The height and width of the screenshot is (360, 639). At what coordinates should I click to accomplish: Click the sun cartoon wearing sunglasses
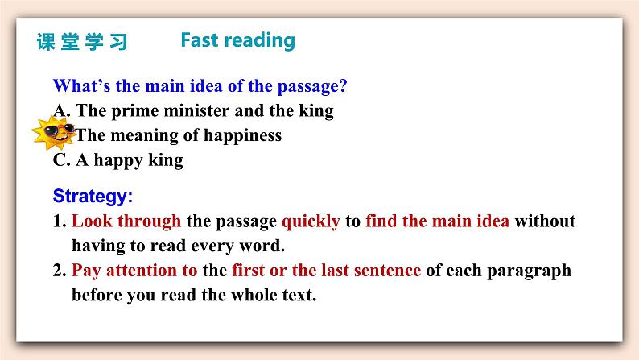click(54, 133)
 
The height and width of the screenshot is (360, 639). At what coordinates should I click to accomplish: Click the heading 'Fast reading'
click(238, 41)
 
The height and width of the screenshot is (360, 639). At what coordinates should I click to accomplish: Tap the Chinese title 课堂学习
click(82, 42)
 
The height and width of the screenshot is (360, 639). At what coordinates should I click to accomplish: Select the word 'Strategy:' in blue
click(93, 197)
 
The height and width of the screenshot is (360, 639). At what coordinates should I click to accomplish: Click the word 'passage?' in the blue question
click(312, 86)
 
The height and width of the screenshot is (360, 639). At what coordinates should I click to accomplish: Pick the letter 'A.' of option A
click(62, 110)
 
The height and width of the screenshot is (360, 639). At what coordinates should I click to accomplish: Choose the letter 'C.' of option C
click(62, 159)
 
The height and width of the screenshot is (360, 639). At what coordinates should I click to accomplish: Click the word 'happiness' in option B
click(242, 136)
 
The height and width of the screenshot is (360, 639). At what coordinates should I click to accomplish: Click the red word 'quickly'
click(311, 221)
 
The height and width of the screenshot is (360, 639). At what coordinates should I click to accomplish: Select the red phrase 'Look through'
click(126, 221)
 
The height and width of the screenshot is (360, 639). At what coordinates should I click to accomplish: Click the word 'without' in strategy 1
click(546, 221)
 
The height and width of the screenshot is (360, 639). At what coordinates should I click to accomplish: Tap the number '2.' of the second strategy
click(60, 271)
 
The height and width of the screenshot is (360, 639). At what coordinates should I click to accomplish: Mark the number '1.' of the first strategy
click(60, 221)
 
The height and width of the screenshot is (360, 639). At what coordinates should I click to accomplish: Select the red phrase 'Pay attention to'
click(134, 271)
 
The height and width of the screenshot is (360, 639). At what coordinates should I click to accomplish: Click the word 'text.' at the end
click(299, 296)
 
